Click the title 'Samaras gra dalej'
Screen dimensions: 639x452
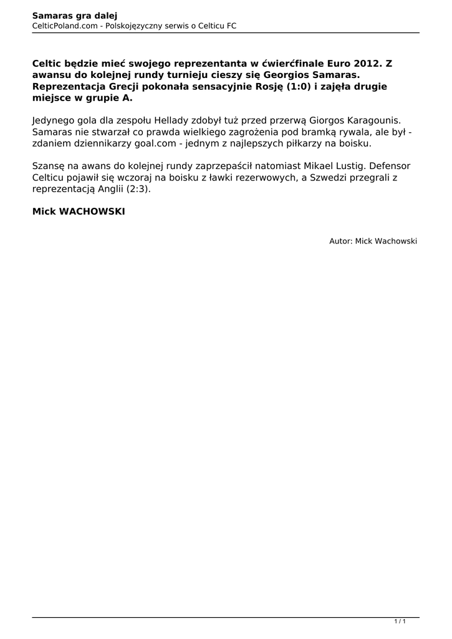click(75, 15)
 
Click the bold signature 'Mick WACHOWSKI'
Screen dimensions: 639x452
click(79, 212)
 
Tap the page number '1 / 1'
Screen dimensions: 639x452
click(400, 622)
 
